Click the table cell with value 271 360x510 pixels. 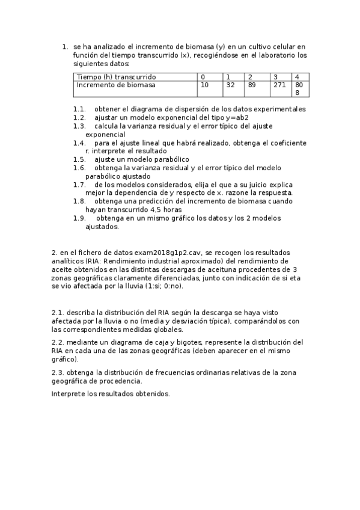279,85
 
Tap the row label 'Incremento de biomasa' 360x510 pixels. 116,85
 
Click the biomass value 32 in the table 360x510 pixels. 230,85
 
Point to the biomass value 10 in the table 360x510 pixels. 204,85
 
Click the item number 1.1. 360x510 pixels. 79,109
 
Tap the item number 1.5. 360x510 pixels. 79,159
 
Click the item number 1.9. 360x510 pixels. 79,218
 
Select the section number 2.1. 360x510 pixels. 58,313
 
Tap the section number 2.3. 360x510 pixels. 58,372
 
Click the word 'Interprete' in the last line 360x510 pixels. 69,394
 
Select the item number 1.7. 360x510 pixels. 79,185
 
